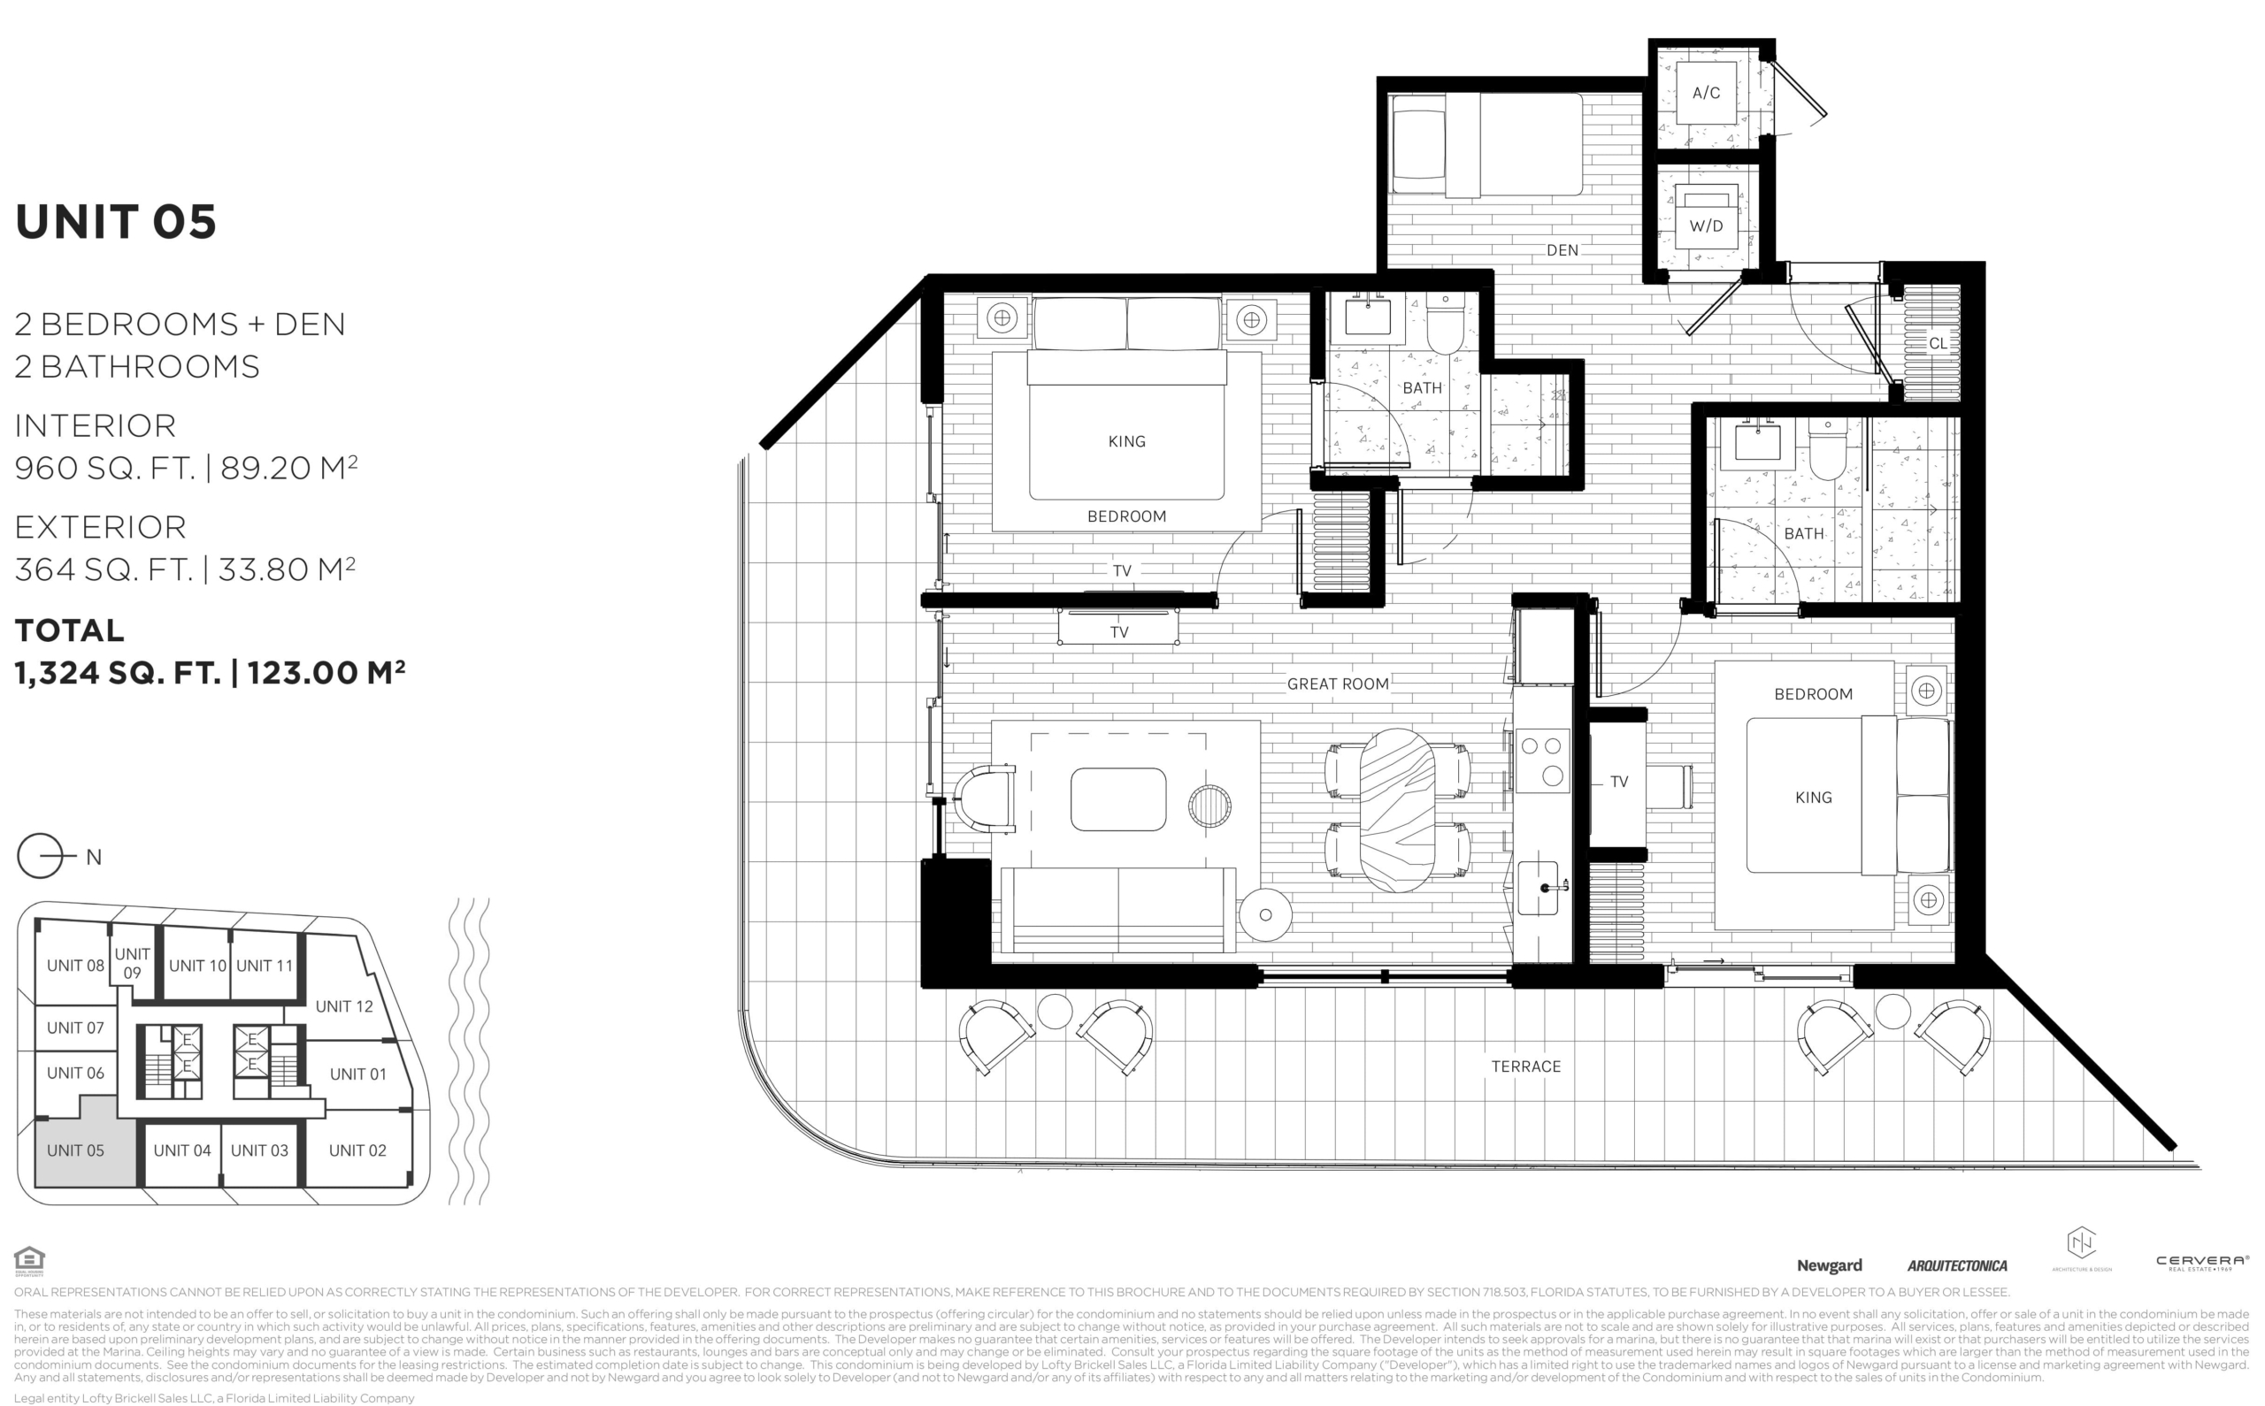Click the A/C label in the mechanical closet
point(1706,93)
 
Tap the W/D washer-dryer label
point(1706,226)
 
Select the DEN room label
point(1562,250)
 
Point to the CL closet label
point(1938,343)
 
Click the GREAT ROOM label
point(1338,684)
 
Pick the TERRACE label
point(1525,1066)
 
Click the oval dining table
point(1397,810)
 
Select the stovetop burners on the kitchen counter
point(1542,760)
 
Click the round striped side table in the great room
point(1209,806)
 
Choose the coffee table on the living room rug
point(1118,799)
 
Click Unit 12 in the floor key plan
point(344,1006)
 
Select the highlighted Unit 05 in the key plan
point(75,1150)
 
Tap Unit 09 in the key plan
point(132,963)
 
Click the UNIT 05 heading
point(115,222)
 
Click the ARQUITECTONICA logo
point(1957,1265)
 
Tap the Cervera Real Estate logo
point(2202,1263)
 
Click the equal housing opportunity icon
point(30,1262)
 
